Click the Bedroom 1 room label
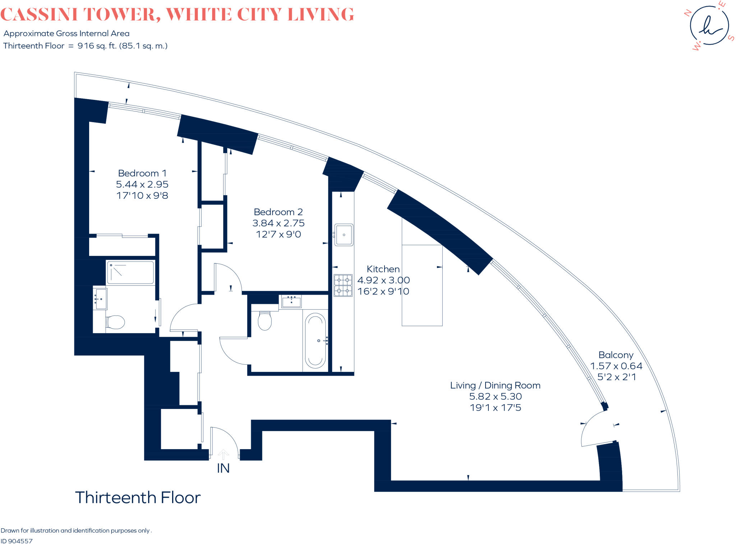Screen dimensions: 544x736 142,173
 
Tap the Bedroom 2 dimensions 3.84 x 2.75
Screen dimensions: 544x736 279,223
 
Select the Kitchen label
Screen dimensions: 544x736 383,269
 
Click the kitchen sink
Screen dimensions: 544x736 344,235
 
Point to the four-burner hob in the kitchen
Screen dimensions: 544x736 343,285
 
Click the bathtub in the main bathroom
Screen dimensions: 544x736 315,340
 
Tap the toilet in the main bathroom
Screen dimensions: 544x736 265,321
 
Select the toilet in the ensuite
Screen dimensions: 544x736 115,322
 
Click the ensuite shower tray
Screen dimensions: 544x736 130,273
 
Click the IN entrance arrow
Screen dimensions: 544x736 223,455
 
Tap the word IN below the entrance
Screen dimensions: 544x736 223,468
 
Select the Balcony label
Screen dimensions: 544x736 616,355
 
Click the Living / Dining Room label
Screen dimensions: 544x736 495,386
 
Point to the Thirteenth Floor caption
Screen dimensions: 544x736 138,498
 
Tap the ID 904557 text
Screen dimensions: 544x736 17,541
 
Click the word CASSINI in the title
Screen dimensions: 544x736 39,15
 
